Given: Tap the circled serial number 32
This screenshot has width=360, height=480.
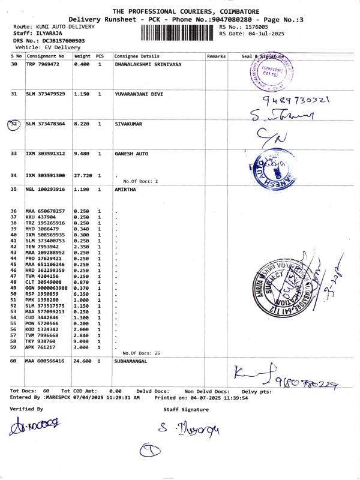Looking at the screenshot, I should (14, 124).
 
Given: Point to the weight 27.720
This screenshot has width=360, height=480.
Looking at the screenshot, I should (83, 175).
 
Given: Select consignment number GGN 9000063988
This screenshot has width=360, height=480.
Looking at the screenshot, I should (46, 288).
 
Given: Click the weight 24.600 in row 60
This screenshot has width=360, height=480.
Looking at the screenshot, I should (83, 361).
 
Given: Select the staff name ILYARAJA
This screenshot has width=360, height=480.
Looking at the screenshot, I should (47, 34).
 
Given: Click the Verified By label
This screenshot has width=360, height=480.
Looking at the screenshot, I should (26, 409).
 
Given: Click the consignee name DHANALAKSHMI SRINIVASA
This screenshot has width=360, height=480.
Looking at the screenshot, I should (148, 64).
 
